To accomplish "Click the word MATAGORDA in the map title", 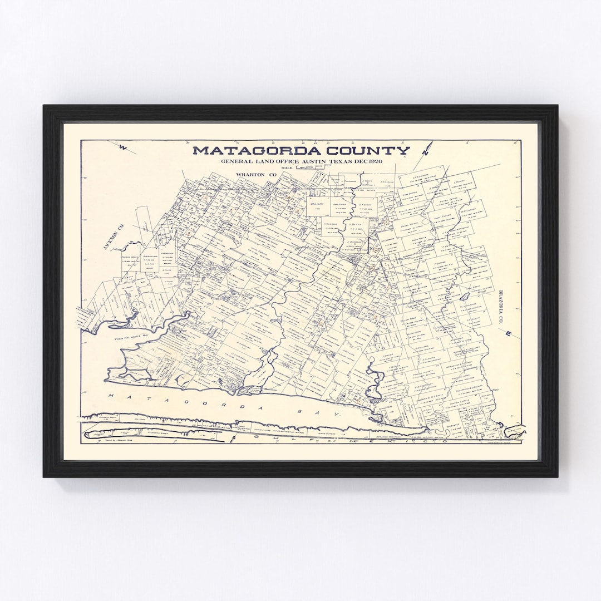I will pyautogui.click(x=243, y=150).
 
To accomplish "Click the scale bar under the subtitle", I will pyautogui.click(x=309, y=168).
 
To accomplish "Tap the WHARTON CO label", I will pyautogui.click(x=256, y=175).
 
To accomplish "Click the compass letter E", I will pyautogui.click(x=508, y=333).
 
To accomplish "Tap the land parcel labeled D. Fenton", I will pyautogui.click(x=364, y=206).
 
